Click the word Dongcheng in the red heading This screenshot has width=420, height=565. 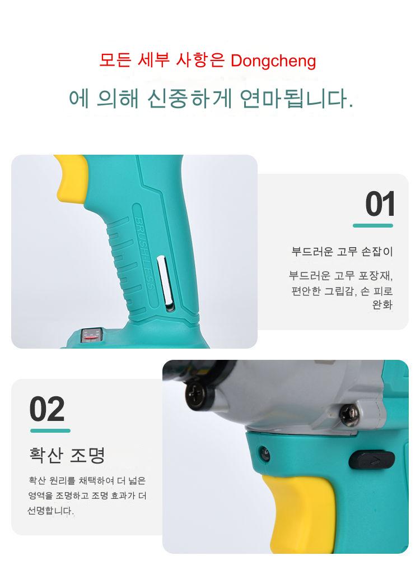pyautogui.click(x=273, y=61)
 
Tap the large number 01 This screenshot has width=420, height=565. pyautogui.click(x=380, y=204)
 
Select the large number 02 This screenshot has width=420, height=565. pyautogui.click(x=47, y=409)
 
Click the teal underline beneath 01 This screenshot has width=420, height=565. pyautogui.click(x=373, y=225)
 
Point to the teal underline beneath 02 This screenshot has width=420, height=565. pyautogui.click(x=50, y=430)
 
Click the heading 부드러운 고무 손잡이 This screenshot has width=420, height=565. pyautogui.click(x=342, y=251)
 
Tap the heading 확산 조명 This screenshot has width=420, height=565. pyautogui.click(x=67, y=455)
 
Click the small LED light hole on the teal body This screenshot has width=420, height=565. pyautogui.click(x=264, y=452)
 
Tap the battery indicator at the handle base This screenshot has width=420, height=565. pyautogui.click(x=92, y=335)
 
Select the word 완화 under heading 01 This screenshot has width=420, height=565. pyautogui.click(x=382, y=305)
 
